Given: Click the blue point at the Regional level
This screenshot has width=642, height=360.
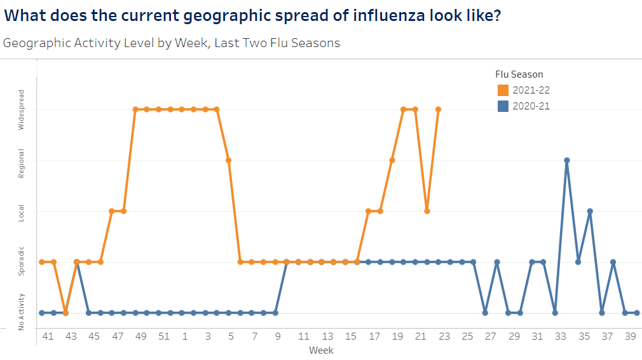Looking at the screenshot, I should point(566,160).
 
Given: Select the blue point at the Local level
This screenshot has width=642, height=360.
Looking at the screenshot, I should point(590,211).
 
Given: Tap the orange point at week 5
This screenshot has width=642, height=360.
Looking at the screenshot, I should point(229,160).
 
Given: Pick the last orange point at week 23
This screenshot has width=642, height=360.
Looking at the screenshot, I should point(439,109).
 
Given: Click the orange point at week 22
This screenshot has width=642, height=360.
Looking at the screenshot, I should point(427,211).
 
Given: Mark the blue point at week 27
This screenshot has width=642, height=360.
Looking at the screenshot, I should point(485,313).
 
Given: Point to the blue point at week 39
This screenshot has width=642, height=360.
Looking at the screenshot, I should point(636,313).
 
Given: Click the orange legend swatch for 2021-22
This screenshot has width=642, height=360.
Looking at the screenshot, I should point(503,90).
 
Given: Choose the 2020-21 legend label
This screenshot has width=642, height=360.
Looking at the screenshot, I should point(531,106).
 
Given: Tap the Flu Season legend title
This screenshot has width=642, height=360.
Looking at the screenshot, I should point(519,74).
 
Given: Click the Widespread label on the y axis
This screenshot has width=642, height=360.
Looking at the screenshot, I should point(21,109).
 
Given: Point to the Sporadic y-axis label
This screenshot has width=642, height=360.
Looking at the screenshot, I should point(21,261).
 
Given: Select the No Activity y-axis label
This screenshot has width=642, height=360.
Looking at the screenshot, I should point(21,312).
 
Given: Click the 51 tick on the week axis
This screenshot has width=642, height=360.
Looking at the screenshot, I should point(164,336).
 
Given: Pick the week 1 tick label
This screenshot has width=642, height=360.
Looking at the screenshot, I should point(185,336).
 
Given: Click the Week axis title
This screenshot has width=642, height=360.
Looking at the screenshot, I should point(321,350).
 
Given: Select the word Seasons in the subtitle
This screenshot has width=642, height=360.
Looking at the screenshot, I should point(316,43).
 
